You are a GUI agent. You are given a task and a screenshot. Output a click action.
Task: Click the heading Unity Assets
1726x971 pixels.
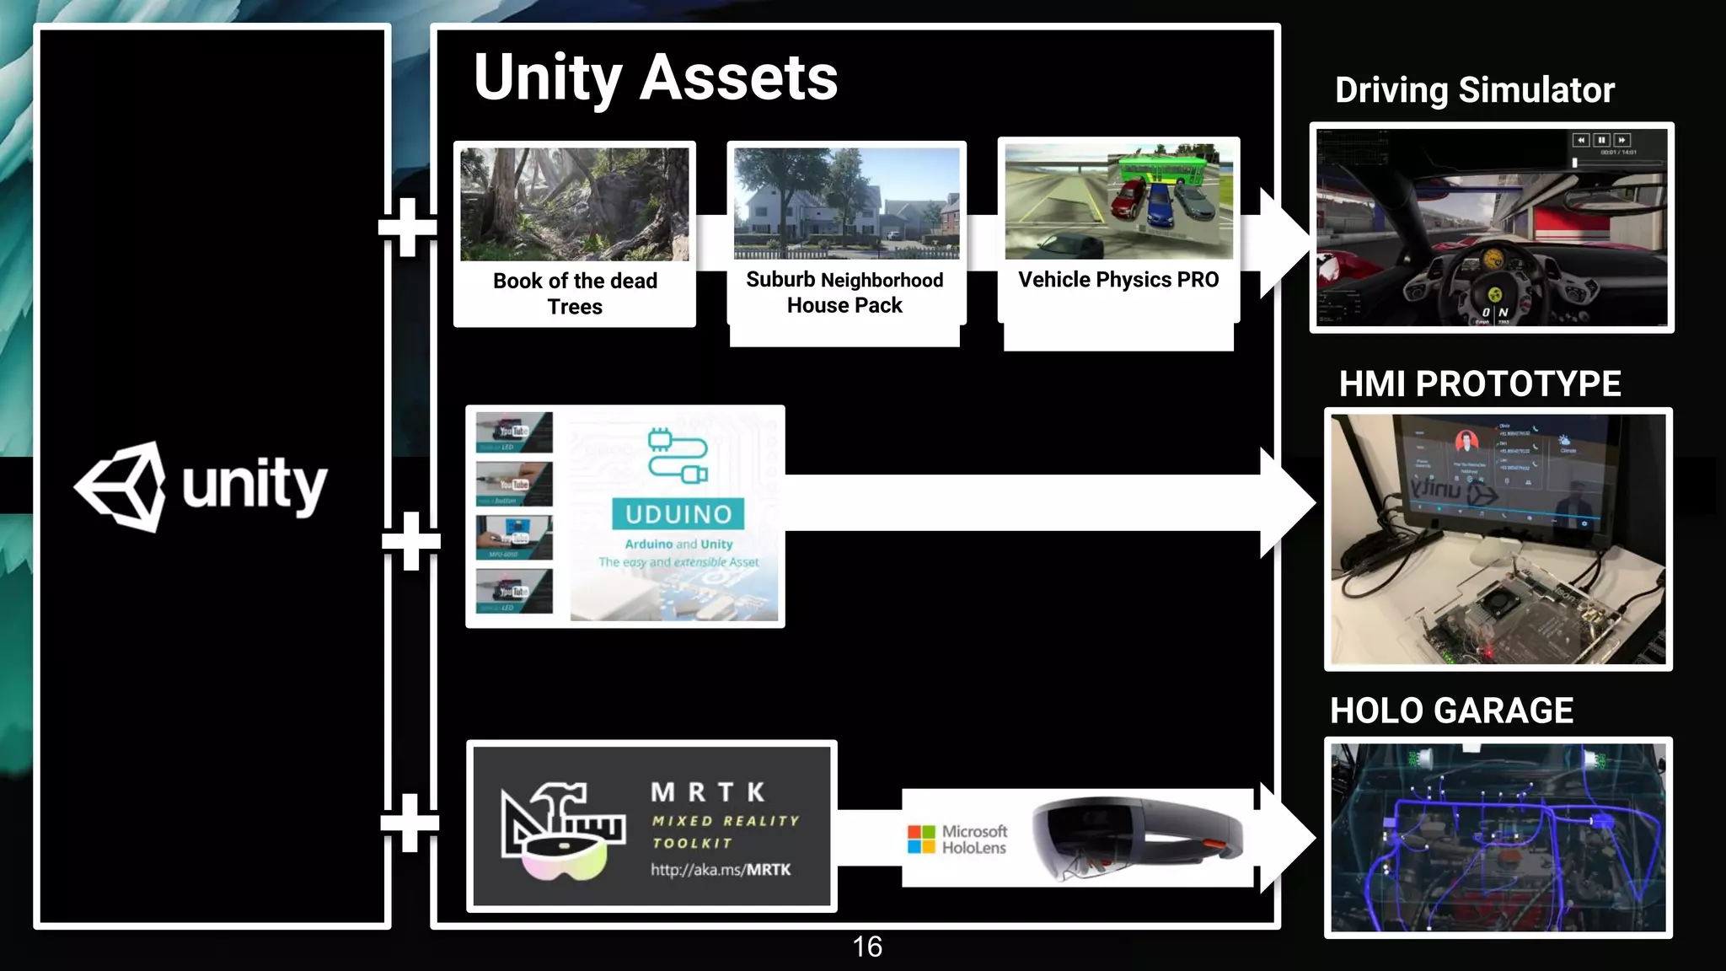pos(656,78)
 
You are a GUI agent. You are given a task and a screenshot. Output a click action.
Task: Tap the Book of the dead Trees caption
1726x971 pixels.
pos(575,293)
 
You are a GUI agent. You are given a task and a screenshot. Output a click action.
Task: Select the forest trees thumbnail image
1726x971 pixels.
pos(575,204)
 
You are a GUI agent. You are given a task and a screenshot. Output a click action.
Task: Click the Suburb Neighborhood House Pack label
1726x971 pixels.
pos(844,292)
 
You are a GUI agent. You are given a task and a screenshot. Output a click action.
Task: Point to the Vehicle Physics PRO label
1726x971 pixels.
pos(1118,280)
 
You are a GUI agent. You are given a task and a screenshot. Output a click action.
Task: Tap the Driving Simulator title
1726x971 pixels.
pos(1474,90)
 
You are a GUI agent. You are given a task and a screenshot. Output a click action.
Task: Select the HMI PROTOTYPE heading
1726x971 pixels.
pos(1480,384)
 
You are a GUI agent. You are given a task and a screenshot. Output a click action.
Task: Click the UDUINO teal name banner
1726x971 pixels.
pos(678,514)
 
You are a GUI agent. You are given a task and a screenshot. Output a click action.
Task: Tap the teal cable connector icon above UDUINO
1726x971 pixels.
pos(678,455)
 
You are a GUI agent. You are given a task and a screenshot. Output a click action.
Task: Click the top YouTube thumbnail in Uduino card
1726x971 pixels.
pos(514,432)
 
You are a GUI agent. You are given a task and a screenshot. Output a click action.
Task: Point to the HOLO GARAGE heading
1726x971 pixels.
pos(1451,711)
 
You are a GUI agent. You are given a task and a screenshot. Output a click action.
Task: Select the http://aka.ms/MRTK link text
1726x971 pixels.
pos(721,870)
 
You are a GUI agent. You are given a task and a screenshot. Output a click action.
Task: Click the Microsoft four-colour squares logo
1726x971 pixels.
pos(921,839)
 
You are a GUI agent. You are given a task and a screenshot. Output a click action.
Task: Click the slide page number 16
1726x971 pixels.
pos(867,947)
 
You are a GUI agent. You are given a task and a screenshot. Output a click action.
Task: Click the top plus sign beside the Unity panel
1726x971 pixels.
pos(408,227)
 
